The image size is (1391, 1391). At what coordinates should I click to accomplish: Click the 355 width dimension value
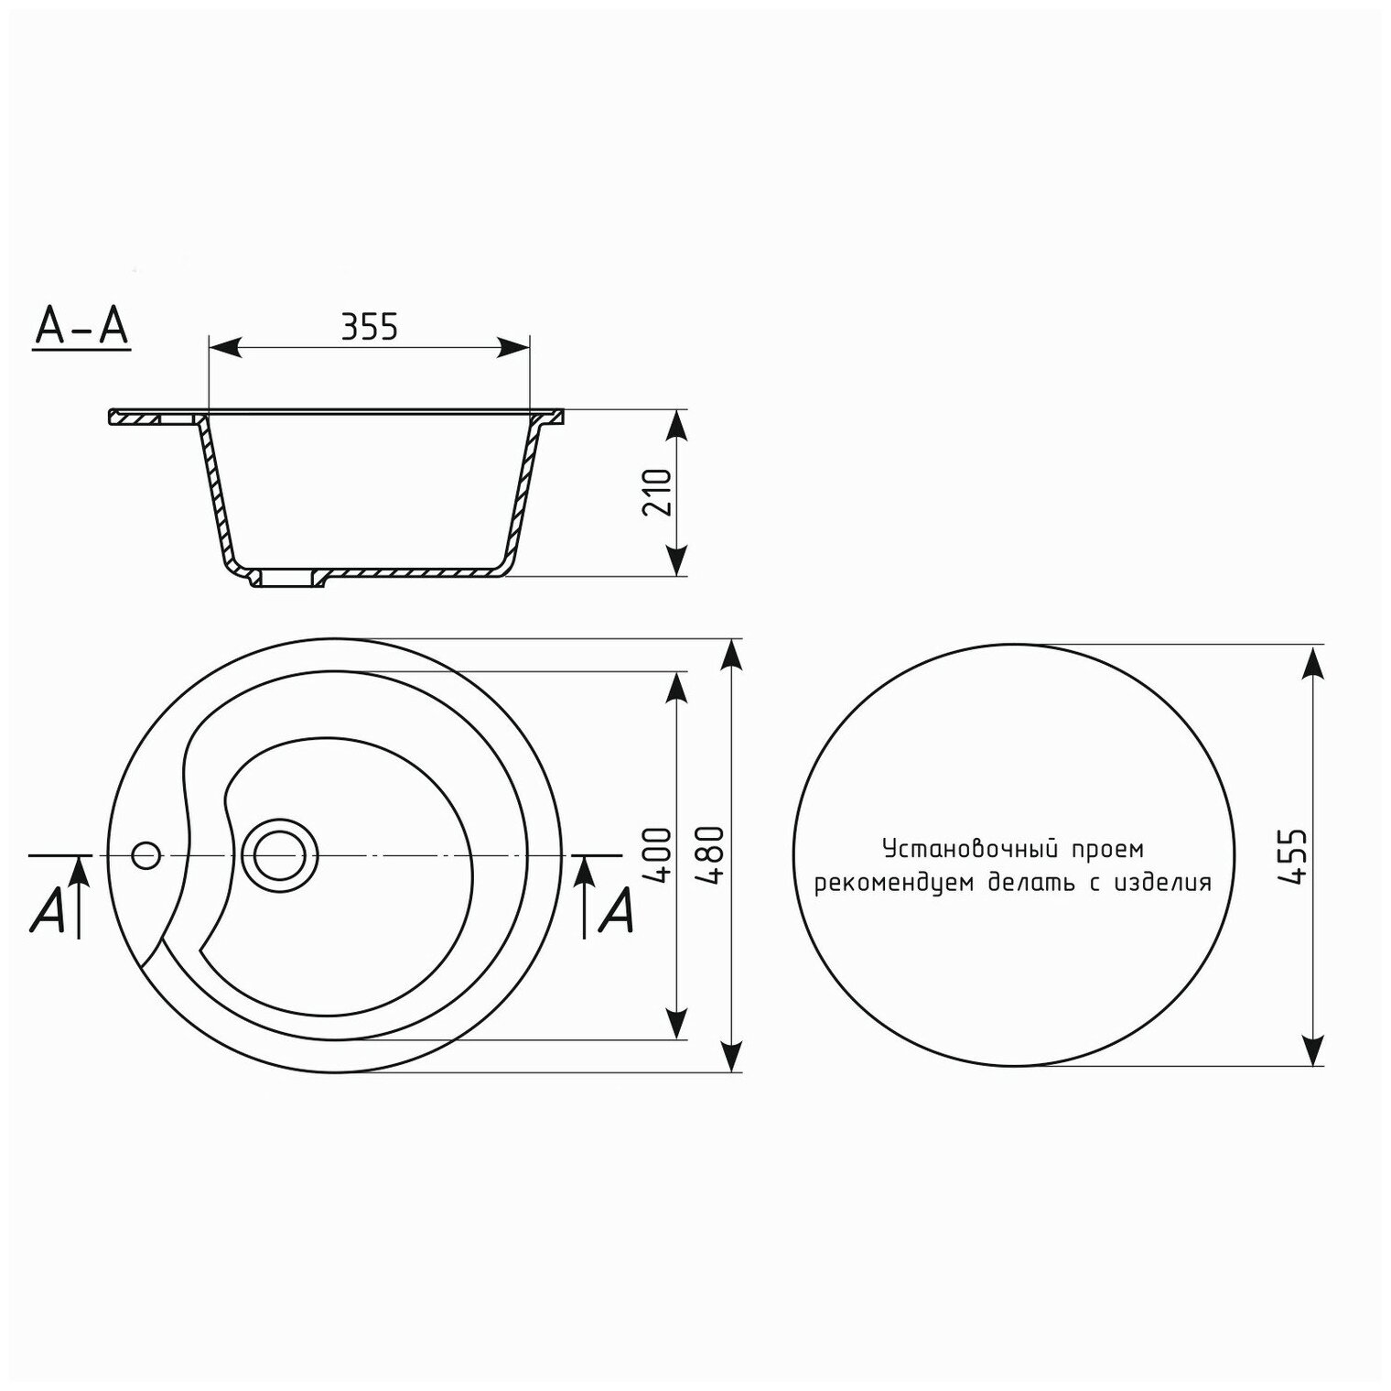pyautogui.click(x=370, y=326)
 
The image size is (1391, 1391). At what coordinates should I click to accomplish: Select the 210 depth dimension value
pyautogui.click(x=658, y=493)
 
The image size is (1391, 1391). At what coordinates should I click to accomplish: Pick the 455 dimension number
pyautogui.click(x=1293, y=856)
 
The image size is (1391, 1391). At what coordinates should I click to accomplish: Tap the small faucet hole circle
pyautogui.click(x=146, y=855)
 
